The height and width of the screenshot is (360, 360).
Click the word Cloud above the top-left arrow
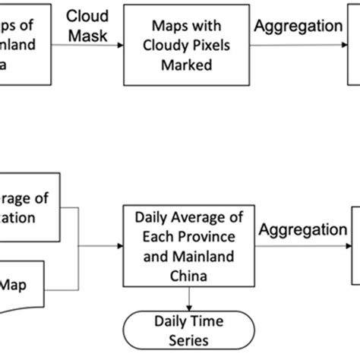pyautogui.click(x=87, y=16)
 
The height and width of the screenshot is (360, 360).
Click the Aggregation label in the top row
pyautogui.click(x=298, y=26)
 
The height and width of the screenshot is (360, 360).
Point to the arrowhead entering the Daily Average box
pyautogui.click(x=121, y=247)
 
